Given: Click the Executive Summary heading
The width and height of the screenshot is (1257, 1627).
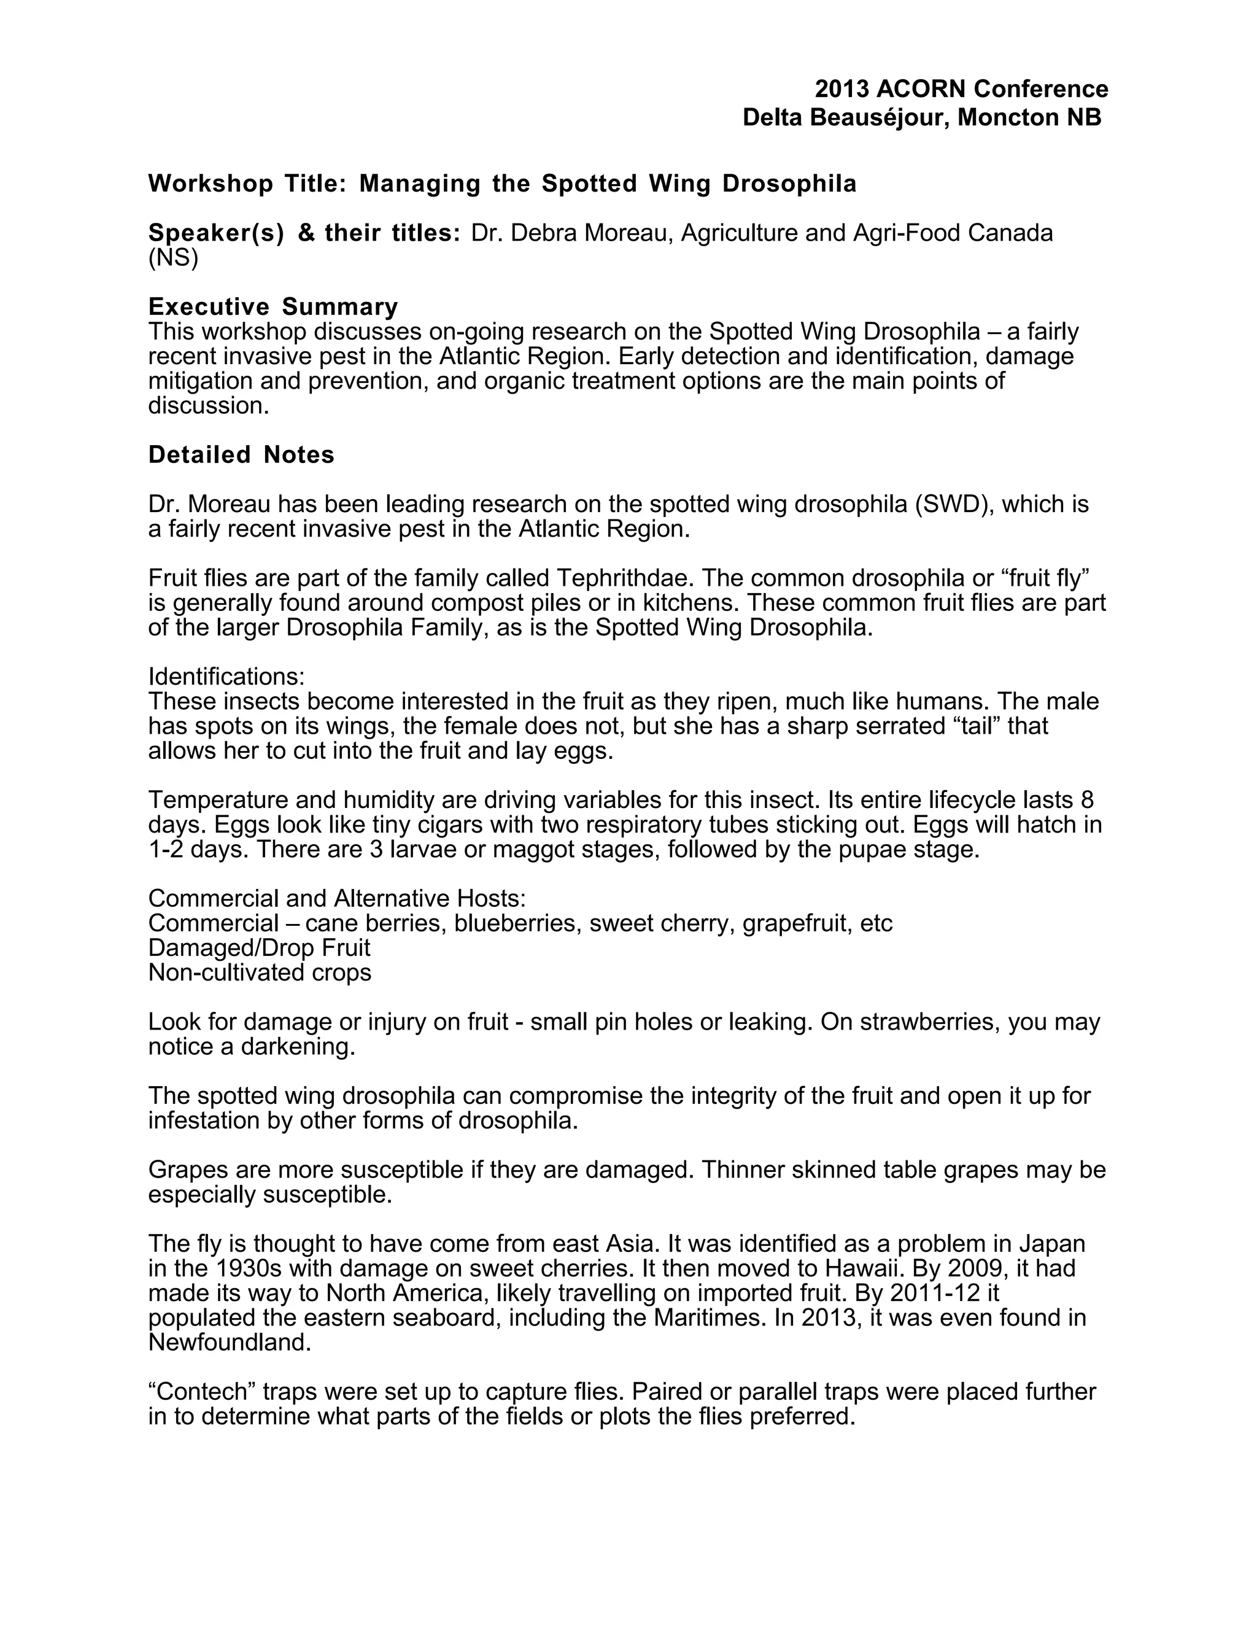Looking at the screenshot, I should pos(273,306).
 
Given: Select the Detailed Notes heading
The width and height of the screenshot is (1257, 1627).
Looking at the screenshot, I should pos(241,454).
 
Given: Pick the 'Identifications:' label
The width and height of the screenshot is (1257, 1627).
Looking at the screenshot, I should pos(226,677).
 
